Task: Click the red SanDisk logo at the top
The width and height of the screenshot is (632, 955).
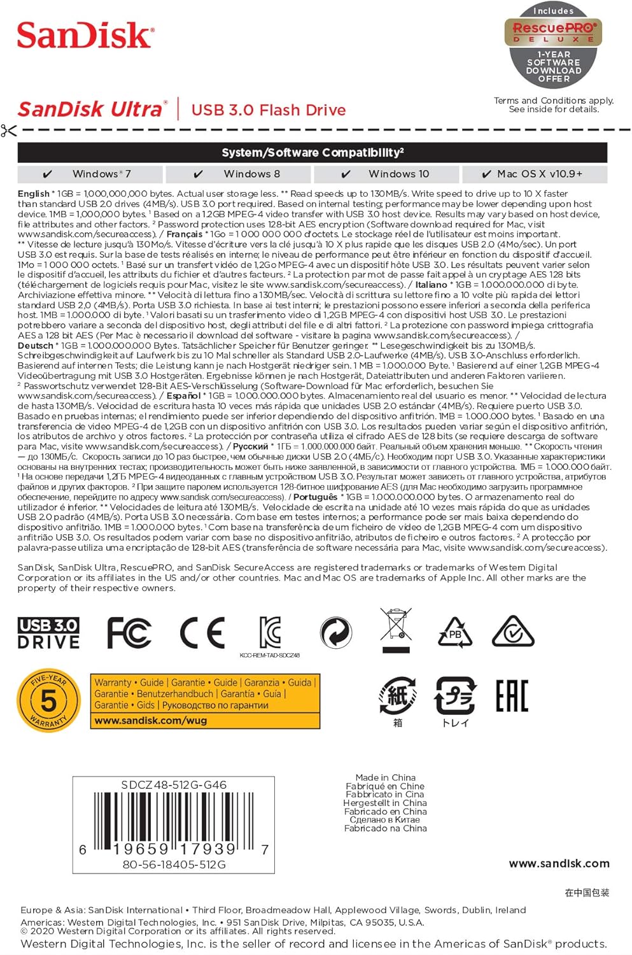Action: pos(85,35)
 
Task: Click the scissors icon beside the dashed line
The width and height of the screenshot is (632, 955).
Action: pos(9,131)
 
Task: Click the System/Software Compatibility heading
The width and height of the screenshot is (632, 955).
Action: pos(312,153)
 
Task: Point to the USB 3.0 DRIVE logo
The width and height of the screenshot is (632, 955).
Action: pos(48,633)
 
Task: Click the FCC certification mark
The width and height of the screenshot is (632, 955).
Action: pos(129,633)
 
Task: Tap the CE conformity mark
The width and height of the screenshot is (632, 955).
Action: pos(202,633)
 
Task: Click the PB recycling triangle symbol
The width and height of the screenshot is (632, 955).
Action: pos(455,632)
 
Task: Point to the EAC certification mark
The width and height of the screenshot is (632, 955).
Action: pos(512,695)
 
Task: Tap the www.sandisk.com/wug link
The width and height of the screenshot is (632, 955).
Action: pos(151,721)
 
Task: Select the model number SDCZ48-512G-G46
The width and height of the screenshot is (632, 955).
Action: pos(174,785)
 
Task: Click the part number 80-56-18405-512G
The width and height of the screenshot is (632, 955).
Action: pos(174,865)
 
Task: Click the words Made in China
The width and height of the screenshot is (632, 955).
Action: pos(385,777)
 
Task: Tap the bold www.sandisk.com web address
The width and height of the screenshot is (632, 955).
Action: pos(559,863)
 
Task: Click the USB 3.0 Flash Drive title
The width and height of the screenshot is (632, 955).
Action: pos(268,110)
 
